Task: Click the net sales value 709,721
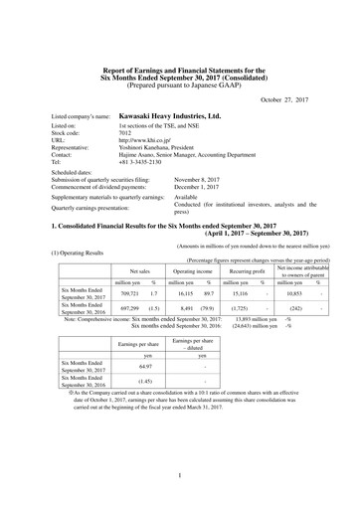[129, 295]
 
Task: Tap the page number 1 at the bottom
[180, 476]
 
